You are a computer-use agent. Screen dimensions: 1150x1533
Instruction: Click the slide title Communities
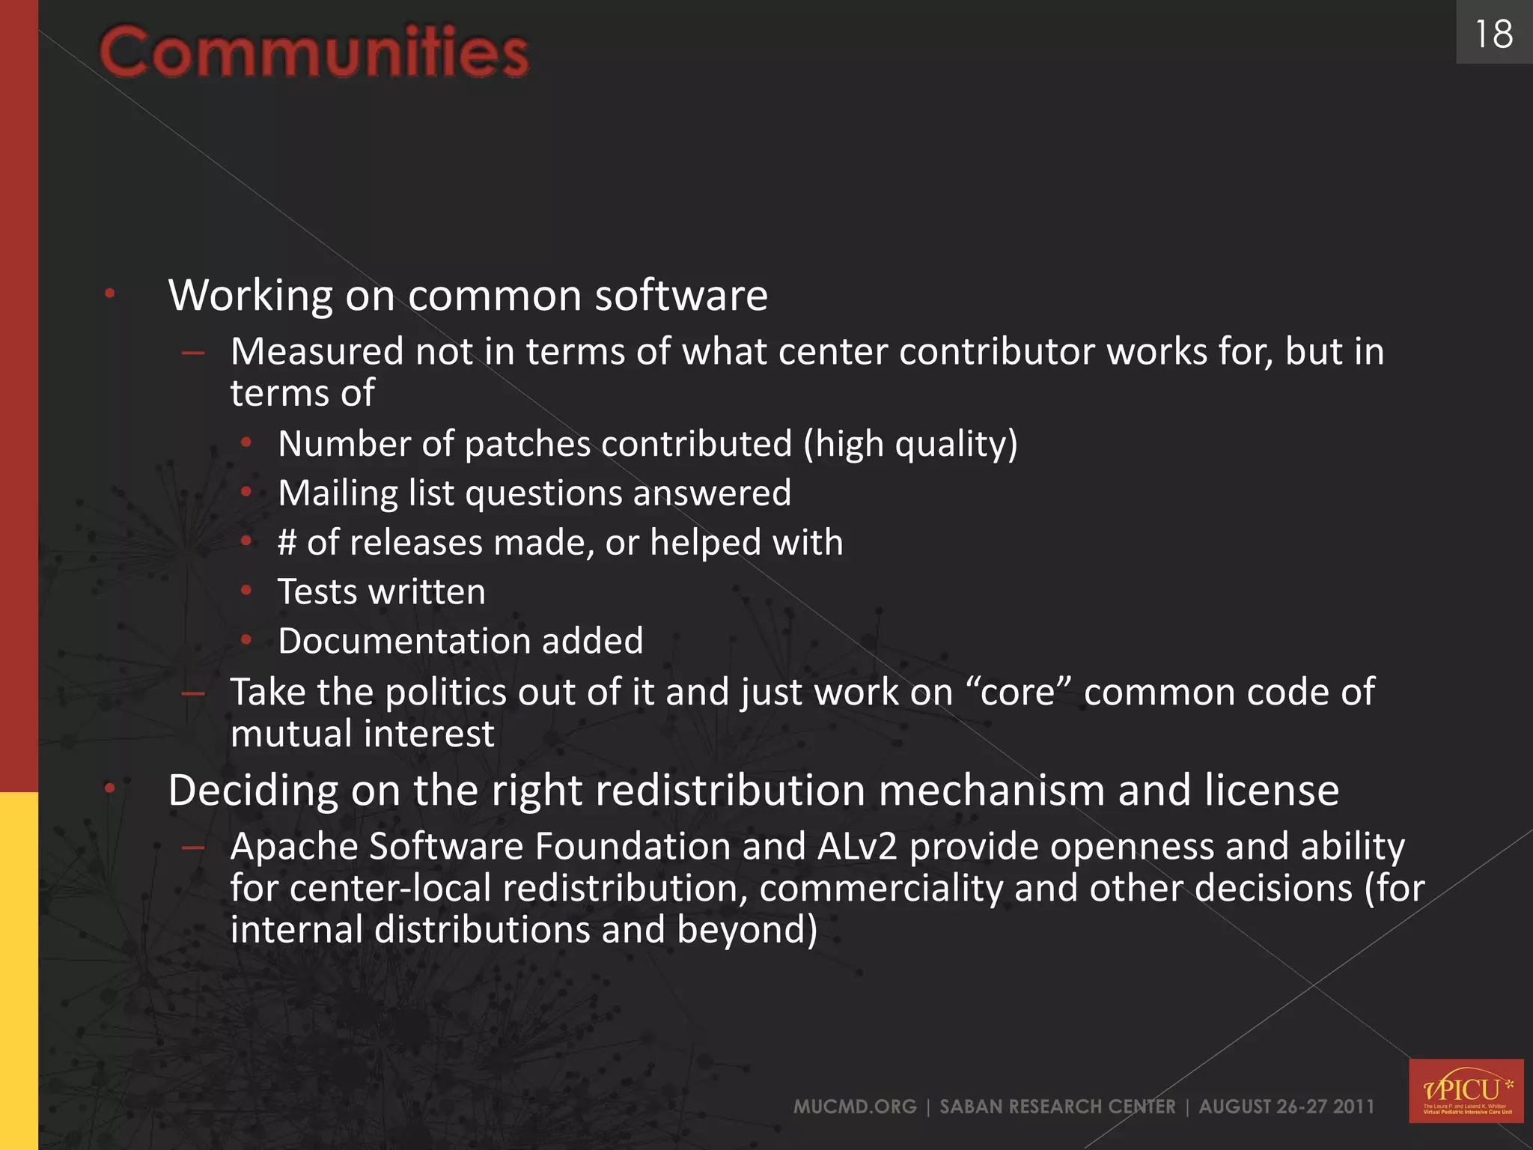click(314, 52)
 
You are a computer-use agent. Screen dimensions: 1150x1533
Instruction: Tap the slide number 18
click(1493, 34)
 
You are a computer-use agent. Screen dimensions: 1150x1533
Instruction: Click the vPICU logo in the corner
click(1466, 1090)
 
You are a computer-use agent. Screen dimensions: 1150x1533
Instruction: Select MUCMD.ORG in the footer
click(855, 1107)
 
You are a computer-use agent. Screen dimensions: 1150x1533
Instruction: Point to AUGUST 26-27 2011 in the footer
click(1286, 1107)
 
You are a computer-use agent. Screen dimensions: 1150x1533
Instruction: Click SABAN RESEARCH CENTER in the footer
click(1057, 1107)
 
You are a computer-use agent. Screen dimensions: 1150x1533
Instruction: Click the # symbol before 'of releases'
click(287, 542)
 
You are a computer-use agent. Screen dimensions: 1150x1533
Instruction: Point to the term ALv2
click(857, 847)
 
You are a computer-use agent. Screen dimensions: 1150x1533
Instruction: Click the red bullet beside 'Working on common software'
click(110, 293)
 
